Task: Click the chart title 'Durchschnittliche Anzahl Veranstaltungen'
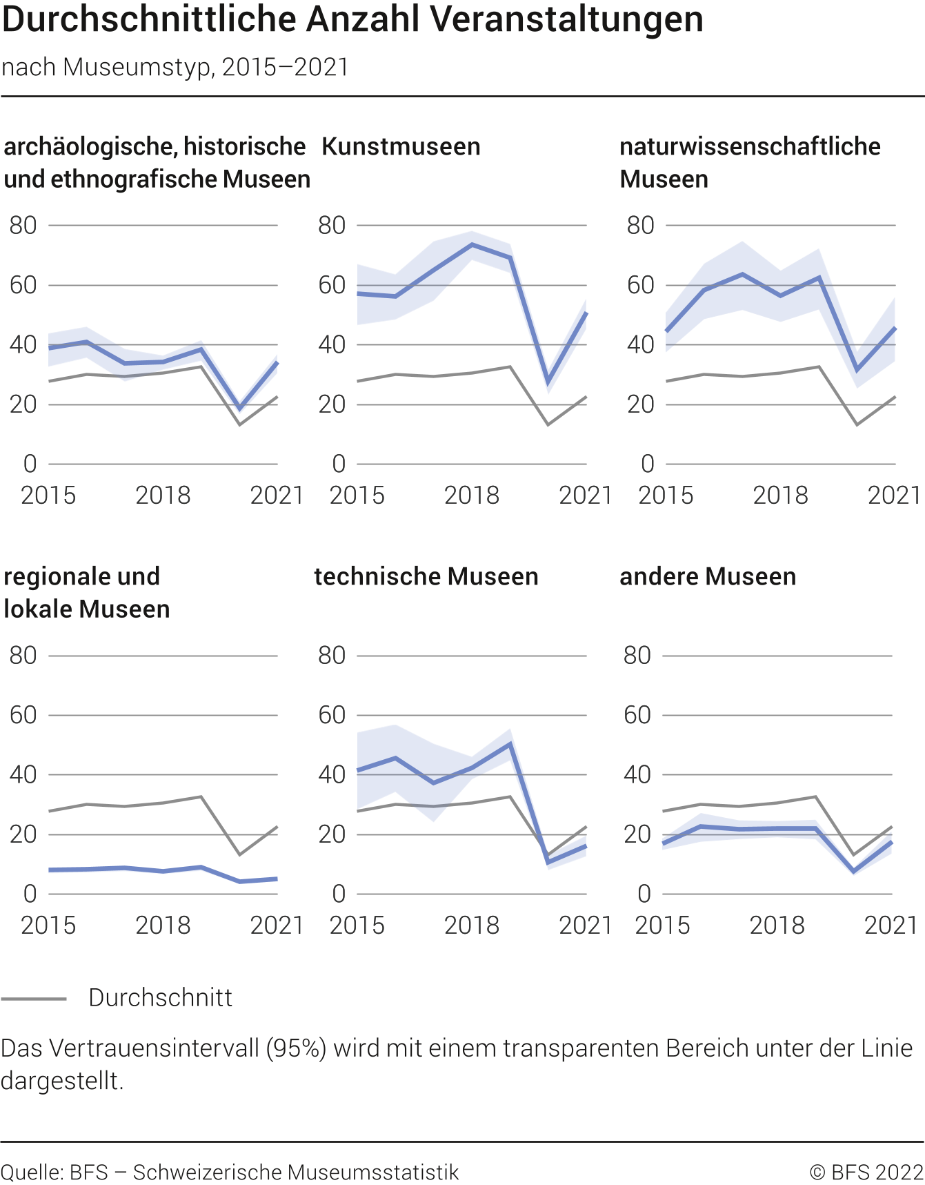click(x=352, y=19)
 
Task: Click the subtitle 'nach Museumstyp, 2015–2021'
click(x=175, y=68)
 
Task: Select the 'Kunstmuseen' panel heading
click(x=401, y=147)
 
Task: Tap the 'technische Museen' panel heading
click(x=426, y=577)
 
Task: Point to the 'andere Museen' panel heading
click(x=707, y=577)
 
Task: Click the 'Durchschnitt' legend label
click(x=160, y=998)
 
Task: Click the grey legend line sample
click(x=34, y=999)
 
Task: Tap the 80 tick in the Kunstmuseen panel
click(x=332, y=226)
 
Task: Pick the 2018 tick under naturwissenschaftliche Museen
click(x=779, y=496)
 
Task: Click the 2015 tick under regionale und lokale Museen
click(x=48, y=926)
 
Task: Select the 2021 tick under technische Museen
click(x=585, y=926)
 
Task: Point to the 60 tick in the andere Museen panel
click(x=637, y=716)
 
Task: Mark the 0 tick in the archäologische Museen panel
click(x=30, y=464)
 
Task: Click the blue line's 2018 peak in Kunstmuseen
click(x=472, y=244)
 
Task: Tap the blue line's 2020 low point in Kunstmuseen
click(x=548, y=381)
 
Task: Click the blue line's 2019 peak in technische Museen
click(x=510, y=744)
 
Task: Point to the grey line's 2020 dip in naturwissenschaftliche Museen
click(x=857, y=424)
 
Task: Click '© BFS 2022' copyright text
click(x=866, y=1173)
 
